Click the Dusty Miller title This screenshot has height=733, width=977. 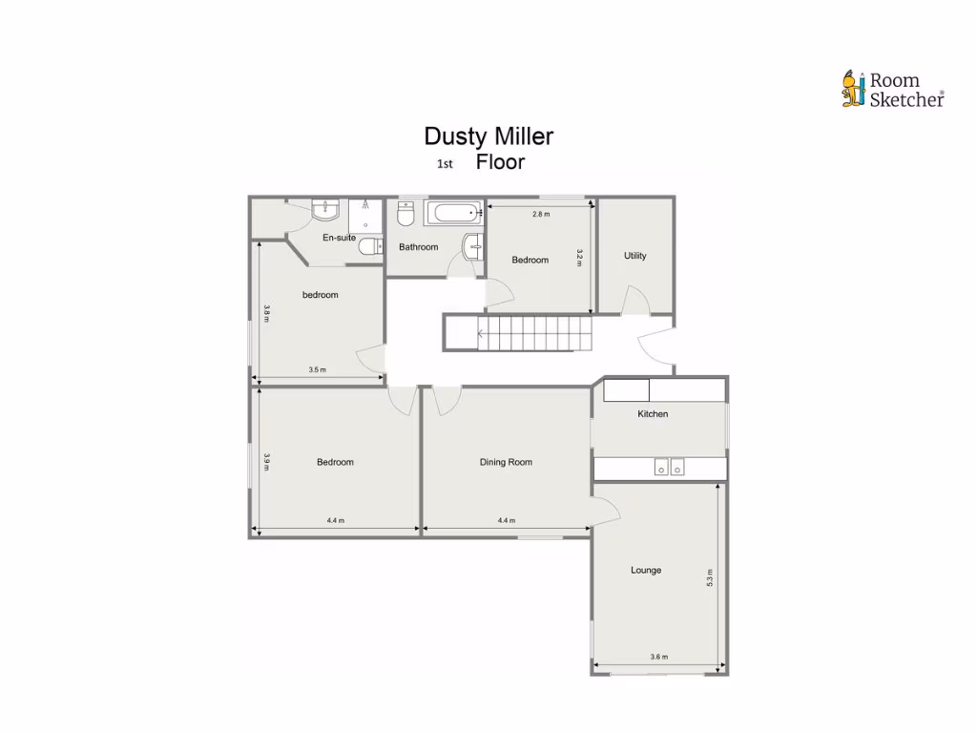(x=488, y=136)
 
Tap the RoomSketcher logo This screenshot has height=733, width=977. (x=892, y=90)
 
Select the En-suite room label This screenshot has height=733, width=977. (x=339, y=238)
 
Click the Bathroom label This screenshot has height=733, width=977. (x=418, y=247)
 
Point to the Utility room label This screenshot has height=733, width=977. (x=634, y=256)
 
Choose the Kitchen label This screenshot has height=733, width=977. (x=653, y=414)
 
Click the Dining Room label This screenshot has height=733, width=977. (x=506, y=462)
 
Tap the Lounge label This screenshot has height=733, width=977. (x=646, y=571)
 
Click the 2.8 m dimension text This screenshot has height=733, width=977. (x=541, y=215)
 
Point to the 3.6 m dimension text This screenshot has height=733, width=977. (x=658, y=657)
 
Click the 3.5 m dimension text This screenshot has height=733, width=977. (x=317, y=369)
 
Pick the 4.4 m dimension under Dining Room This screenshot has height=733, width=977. (x=506, y=520)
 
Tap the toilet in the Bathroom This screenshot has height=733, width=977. (x=405, y=215)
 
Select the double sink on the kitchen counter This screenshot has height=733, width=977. (x=669, y=467)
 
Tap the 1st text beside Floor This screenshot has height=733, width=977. (x=444, y=163)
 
